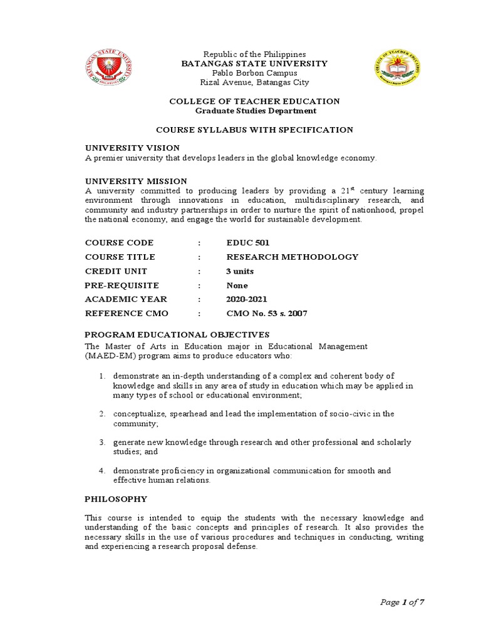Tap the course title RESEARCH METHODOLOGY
[x=292, y=257]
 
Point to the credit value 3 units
[x=240, y=272]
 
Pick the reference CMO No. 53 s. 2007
[x=267, y=314]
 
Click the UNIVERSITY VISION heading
[x=132, y=148]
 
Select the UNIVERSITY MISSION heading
[x=136, y=181]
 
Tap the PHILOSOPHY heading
[x=116, y=499]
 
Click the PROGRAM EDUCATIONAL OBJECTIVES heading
[x=177, y=335]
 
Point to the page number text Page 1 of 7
[x=403, y=602]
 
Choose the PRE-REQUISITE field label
[x=122, y=285]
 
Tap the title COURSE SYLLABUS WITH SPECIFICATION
[x=254, y=130]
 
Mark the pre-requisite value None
[x=237, y=285]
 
